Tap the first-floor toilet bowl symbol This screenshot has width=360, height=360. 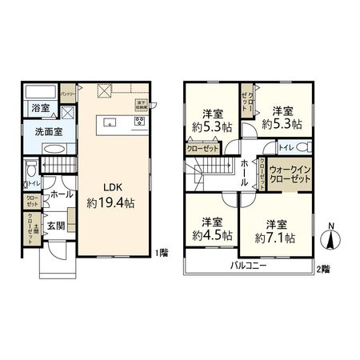30,170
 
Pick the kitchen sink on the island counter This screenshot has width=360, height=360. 109,122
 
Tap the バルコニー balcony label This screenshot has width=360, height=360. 250,265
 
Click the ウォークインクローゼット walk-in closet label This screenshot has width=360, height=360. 290,175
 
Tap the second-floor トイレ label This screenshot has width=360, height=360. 286,147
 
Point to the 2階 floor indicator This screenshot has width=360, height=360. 322,268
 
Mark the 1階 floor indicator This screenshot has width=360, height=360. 162,253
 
